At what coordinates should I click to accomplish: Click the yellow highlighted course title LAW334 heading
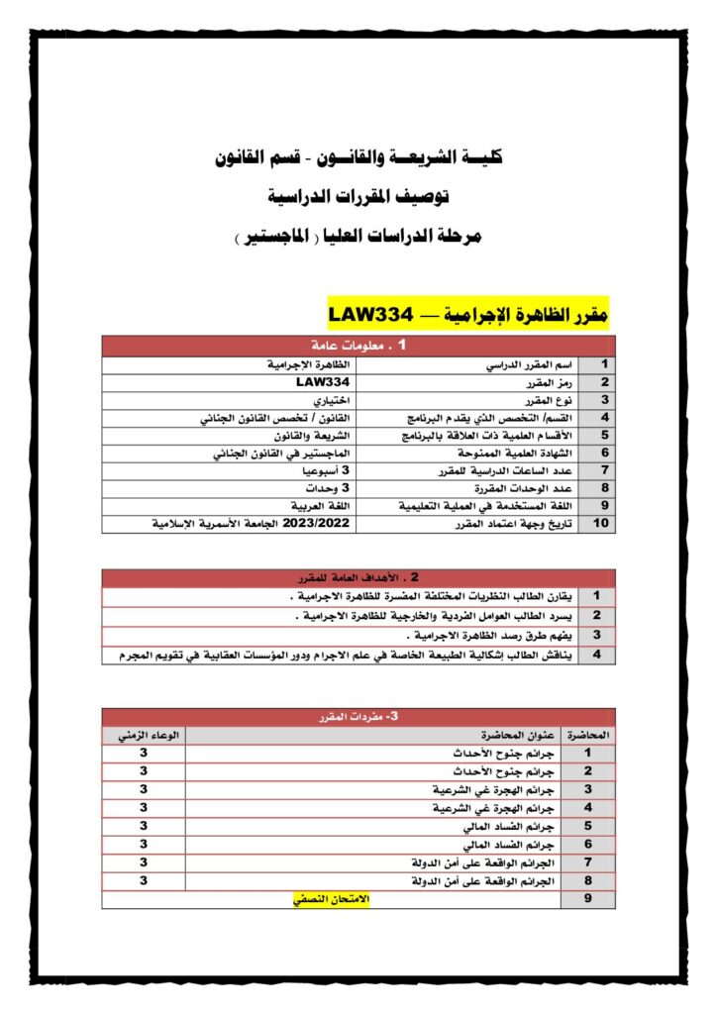[467, 314]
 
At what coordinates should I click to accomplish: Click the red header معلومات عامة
[358, 346]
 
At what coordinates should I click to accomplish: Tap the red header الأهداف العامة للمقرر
[358, 577]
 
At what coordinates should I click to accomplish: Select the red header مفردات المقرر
[358, 716]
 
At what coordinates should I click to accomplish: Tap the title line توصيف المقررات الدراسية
[358, 197]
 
